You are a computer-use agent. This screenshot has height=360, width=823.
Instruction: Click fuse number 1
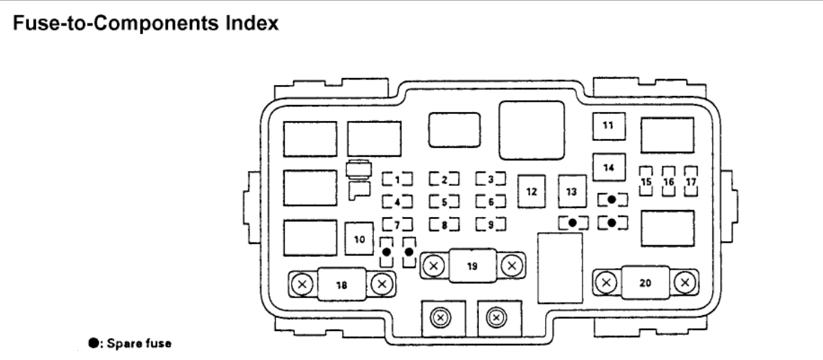(398, 180)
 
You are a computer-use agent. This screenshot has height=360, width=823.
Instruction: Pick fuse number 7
(398, 224)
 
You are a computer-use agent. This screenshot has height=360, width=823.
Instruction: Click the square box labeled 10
(359, 239)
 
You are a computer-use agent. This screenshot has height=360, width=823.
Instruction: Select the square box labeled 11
(607, 126)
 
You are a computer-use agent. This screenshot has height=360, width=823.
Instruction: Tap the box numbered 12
(531, 191)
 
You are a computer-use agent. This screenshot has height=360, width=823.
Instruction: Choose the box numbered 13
(571, 191)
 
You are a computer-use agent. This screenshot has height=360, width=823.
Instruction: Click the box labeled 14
(607, 167)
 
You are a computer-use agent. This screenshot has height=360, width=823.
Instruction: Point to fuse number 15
(647, 181)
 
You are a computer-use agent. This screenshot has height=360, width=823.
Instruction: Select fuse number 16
(668, 181)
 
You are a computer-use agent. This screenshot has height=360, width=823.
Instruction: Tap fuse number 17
(690, 181)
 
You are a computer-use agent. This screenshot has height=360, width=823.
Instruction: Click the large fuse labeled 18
(341, 283)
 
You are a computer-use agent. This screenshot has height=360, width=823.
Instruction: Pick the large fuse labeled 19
(473, 265)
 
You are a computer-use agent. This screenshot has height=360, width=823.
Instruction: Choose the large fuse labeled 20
(645, 282)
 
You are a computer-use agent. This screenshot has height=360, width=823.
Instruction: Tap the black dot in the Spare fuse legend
(92, 343)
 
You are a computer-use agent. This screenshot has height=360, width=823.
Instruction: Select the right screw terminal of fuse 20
(685, 282)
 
